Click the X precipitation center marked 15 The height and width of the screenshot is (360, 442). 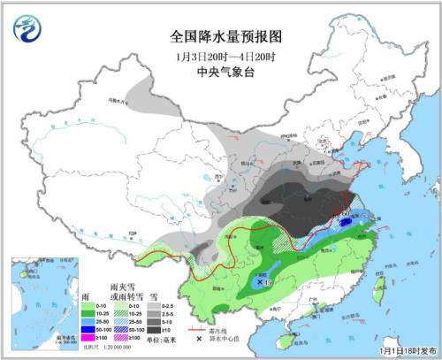(258, 281)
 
